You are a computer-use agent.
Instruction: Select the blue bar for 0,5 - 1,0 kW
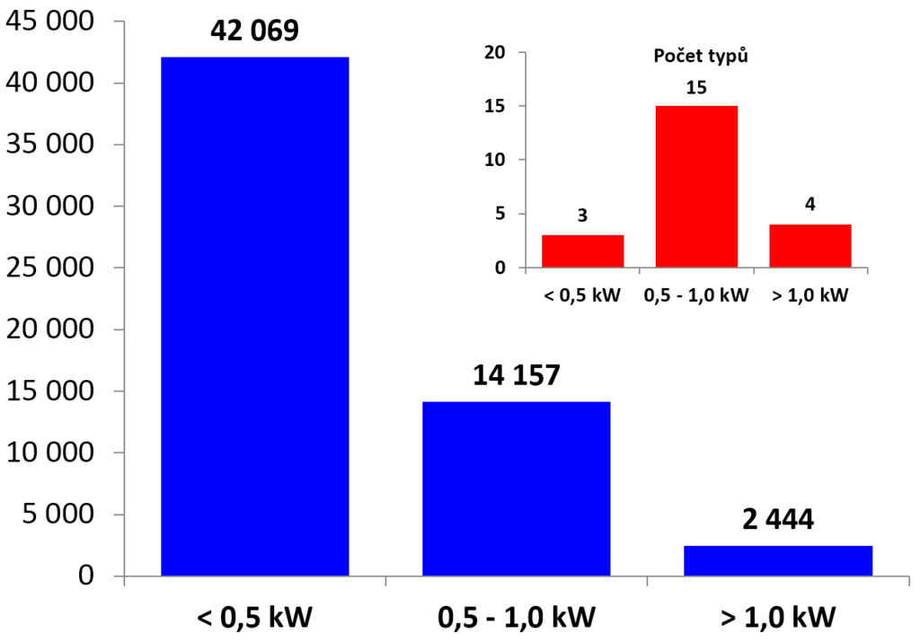pos(516,488)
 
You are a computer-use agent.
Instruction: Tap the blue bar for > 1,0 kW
pos(778,560)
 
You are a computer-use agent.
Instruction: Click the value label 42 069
pos(254,30)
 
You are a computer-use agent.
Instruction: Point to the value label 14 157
pos(516,374)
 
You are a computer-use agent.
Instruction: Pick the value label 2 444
pos(778,518)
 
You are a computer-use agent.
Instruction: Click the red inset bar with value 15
pos(696,187)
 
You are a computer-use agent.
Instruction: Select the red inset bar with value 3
pos(582,251)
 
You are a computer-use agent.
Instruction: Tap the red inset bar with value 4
pos(809,246)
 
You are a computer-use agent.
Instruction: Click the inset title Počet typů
pos(700,55)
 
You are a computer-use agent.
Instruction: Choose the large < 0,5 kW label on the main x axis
pos(254,618)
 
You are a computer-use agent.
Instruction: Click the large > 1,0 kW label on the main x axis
pos(778,618)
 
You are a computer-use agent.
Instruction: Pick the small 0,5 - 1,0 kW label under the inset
pos(696,295)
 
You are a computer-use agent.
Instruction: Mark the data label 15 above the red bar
pos(696,88)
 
